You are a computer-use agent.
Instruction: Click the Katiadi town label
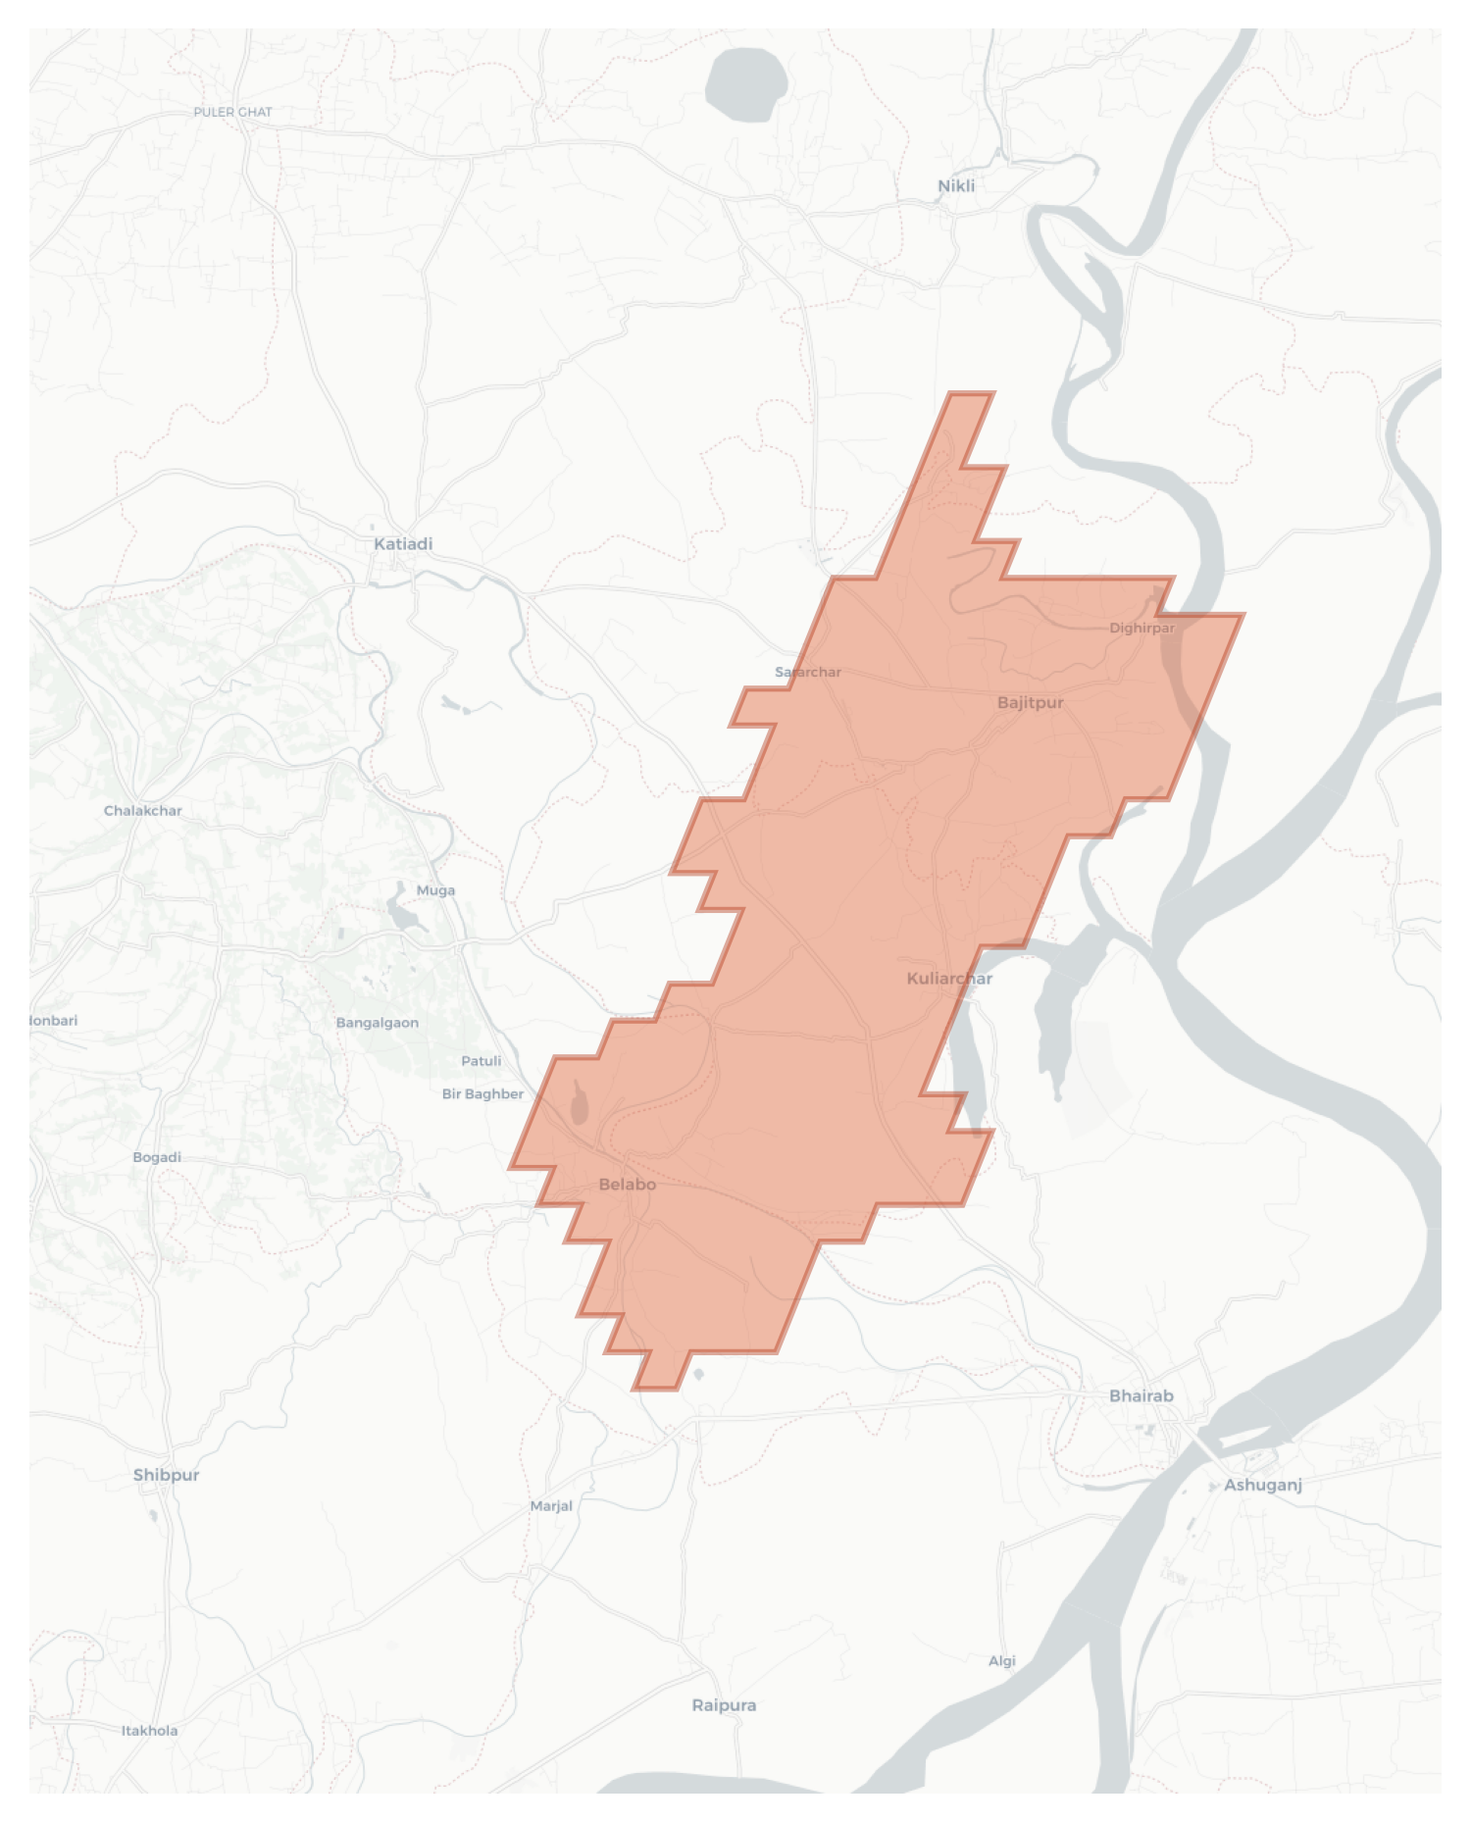[403, 543]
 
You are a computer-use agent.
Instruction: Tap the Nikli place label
[956, 185]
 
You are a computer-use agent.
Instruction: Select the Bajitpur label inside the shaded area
[1030, 702]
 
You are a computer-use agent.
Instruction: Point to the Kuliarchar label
[949, 978]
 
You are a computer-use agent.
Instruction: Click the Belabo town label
[627, 1185]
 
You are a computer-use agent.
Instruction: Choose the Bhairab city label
[1141, 1395]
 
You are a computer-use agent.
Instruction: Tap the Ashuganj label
[1262, 1485]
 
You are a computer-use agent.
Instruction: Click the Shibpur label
[166, 1475]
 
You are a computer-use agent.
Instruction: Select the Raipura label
[724, 1705]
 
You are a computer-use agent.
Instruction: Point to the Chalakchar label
[143, 811]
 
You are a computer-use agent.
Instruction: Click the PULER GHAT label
[232, 112]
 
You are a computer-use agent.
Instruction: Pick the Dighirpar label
[1141, 628]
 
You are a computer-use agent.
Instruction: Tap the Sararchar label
[808, 672]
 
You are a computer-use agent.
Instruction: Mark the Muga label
[435, 890]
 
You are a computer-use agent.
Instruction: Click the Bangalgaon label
[377, 1023]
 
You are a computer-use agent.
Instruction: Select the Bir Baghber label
[482, 1093]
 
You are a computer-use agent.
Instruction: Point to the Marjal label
[551, 1506]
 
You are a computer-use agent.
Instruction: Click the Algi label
[1001, 1661]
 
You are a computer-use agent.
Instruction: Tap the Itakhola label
[149, 1731]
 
